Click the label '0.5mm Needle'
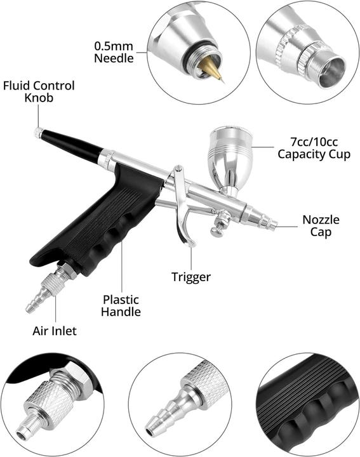coord(114,52)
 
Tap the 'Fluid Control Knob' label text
coord(39,91)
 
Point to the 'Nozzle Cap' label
coord(321,226)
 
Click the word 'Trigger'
coord(190,277)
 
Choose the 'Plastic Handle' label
coord(122,305)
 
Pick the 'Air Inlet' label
coord(55,331)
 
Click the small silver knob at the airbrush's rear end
coord(39,133)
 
